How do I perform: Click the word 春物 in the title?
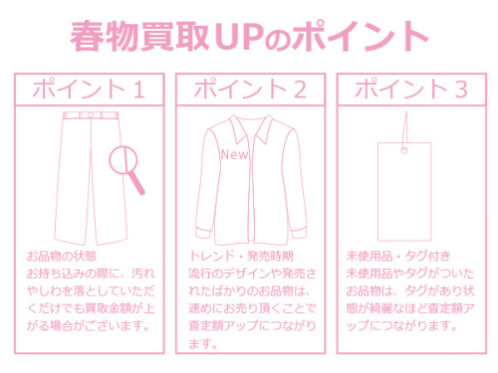tap(103, 37)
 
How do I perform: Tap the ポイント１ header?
tap(89, 88)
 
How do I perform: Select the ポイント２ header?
tap(249, 88)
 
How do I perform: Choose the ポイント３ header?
tap(408, 88)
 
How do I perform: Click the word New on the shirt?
tap(234, 155)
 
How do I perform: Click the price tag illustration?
tap(408, 189)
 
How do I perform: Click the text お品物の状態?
tap(57, 256)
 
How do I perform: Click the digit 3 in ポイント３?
tap(459, 88)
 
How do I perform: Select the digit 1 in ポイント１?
tap(138, 88)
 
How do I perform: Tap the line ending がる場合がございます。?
tap(89, 325)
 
